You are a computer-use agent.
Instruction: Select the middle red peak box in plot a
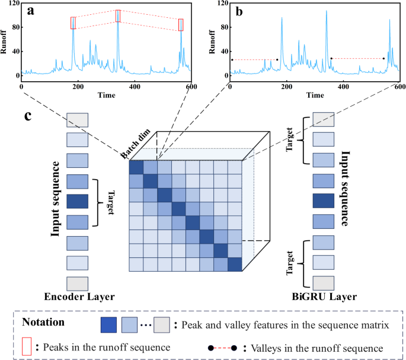tap(118, 16)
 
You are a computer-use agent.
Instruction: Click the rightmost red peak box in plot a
tap(181, 24)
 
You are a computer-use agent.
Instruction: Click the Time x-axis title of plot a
tap(107, 95)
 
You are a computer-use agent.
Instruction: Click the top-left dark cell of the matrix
tap(136, 167)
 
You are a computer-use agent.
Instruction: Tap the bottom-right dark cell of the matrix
tap(235, 265)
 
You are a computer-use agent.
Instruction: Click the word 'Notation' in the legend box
tap(44, 325)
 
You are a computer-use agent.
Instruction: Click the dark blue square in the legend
tap(109, 326)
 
